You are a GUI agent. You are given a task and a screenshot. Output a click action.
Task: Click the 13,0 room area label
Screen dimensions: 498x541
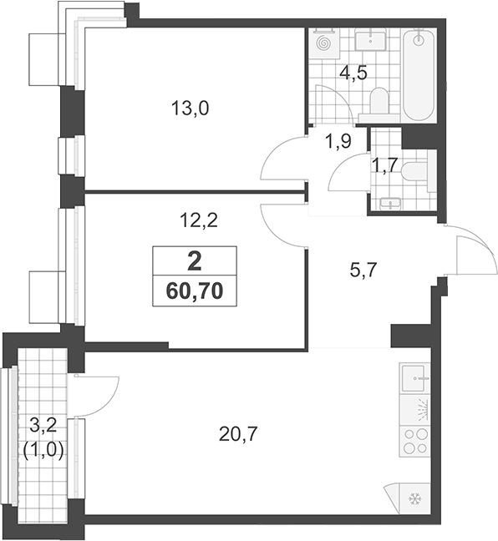191,109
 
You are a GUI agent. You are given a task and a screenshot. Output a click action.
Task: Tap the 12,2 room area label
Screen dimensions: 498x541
199,220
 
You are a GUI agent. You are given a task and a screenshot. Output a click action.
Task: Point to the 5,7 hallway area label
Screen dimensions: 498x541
363,270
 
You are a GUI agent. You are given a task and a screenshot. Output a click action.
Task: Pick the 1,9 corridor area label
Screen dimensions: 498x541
338,141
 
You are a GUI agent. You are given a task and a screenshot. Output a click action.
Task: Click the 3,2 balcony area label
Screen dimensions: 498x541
43,427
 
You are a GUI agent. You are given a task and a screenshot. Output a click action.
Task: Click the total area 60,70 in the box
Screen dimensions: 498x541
195,291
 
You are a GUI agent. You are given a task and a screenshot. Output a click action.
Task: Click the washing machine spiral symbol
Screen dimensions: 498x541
324,43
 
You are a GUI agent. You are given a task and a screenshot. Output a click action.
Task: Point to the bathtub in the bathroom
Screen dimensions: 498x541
419,74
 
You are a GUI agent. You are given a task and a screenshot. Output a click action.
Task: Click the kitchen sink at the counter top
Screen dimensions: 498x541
414,378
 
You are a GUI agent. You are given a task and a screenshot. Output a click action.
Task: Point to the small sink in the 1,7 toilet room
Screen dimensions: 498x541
390,204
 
